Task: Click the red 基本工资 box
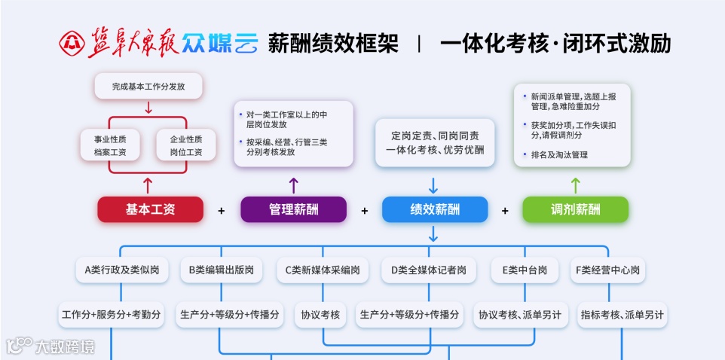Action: [x=150, y=209]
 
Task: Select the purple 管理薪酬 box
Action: [x=293, y=209]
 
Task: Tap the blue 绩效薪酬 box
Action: [x=434, y=209]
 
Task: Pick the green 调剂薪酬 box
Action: [x=575, y=209]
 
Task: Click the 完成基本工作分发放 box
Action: [x=148, y=86]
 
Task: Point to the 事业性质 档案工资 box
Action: [x=110, y=145]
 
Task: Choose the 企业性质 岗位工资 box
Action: [x=186, y=145]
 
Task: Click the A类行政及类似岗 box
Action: [x=112, y=270]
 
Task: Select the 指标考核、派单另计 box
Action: [x=622, y=314]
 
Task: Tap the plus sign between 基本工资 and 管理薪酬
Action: [x=222, y=210]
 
